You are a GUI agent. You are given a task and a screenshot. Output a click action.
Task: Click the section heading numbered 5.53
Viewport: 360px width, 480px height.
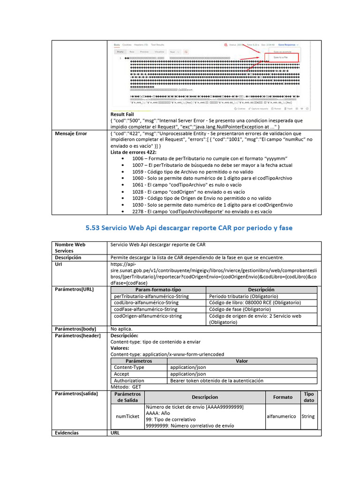click(189, 228)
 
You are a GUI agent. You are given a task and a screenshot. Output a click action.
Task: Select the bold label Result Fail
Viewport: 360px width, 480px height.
click(122, 114)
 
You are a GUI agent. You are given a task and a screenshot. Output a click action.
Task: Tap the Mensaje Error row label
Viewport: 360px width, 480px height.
click(71, 134)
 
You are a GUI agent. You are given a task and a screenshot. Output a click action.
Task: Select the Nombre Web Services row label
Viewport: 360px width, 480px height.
click(70, 247)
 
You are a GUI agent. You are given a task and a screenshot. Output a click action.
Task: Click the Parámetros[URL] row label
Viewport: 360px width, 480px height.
click(74, 289)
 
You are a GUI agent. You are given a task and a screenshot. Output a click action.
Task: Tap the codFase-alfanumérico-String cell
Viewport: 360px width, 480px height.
click(146, 309)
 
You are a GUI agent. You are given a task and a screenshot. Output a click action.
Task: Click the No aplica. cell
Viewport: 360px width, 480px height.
click(121, 330)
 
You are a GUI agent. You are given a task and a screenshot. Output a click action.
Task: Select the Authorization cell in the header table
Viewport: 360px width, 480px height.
click(129, 381)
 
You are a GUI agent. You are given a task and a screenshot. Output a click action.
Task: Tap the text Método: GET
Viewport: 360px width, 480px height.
click(126, 387)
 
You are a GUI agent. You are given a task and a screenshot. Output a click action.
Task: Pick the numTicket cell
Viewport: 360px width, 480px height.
click(127, 416)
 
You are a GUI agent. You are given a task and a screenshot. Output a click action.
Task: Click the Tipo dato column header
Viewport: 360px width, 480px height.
click(309, 397)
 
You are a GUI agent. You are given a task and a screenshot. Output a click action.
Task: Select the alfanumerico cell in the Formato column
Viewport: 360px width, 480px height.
click(281, 416)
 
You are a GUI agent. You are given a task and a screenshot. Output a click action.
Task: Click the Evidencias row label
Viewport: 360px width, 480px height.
click(67, 433)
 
